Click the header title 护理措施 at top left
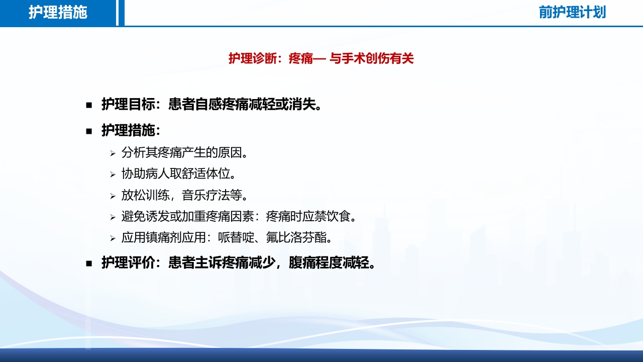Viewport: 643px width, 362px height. tap(58, 13)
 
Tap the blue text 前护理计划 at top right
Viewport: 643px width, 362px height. tap(572, 13)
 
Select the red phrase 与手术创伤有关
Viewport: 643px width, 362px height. tap(371, 59)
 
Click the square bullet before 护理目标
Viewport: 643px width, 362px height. tap(89, 105)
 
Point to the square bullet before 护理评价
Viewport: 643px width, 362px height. tap(89, 263)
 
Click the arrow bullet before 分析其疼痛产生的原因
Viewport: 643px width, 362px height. tap(113, 153)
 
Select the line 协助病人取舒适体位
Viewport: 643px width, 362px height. tap(179, 174)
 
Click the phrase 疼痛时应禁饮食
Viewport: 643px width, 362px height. tap(312, 216)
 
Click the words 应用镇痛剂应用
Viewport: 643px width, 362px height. tap(162, 237)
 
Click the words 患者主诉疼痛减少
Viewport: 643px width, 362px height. tap(222, 262)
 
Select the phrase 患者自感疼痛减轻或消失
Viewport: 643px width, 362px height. tap(244, 105)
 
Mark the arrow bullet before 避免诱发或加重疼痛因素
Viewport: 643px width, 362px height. tap(113, 217)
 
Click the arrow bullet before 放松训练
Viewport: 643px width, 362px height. tap(113, 196)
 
